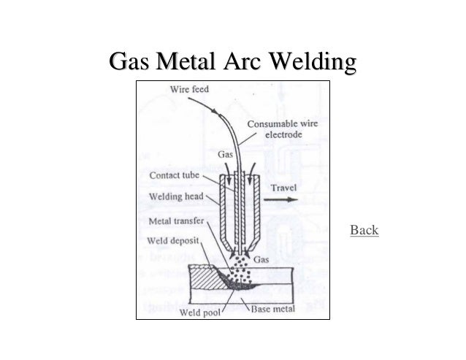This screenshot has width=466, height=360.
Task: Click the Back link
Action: (364, 231)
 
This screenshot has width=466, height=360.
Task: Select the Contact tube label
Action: (175, 175)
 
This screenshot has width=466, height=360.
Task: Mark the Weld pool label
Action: (197, 315)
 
